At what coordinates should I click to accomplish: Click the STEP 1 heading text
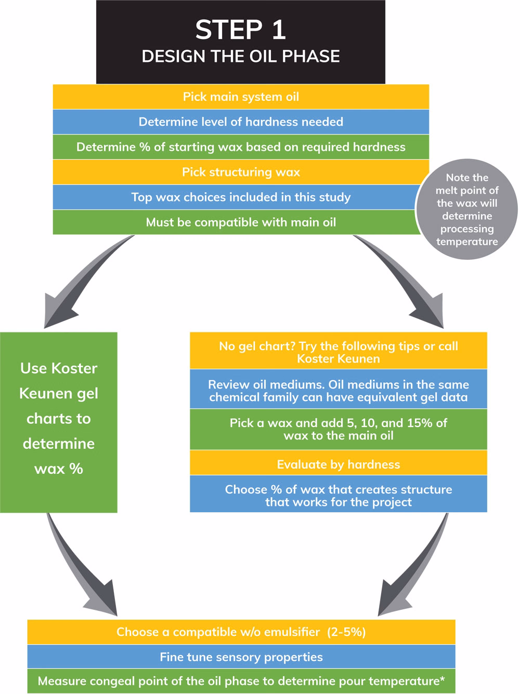tap(241, 30)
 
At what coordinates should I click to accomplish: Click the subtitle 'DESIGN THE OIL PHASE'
tap(241, 56)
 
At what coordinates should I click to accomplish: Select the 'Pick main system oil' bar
tap(241, 97)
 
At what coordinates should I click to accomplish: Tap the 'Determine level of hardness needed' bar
tap(241, 122)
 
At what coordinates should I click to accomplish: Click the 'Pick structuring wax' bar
tap(241, 172)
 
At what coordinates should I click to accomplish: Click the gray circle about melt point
tap(466, 209)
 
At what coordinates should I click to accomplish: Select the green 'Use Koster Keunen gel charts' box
tap(59, 422)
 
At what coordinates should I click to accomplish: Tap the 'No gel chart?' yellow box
tap(339, 350)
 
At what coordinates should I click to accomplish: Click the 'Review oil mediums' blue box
tap(339, 389)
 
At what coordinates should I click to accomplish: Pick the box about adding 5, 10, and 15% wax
tap(339, 429)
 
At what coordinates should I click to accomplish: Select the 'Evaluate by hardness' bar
tap(339, 462)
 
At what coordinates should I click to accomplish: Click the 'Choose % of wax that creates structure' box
tap(339, 493)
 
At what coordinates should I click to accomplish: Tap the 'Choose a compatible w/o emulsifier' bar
tap(241, 632)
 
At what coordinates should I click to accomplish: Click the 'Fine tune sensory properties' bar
tap(241, 657)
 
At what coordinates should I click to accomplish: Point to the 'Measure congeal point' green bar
tap(241, 680)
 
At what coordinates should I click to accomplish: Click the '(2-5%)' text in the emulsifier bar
tap(346, 632)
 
